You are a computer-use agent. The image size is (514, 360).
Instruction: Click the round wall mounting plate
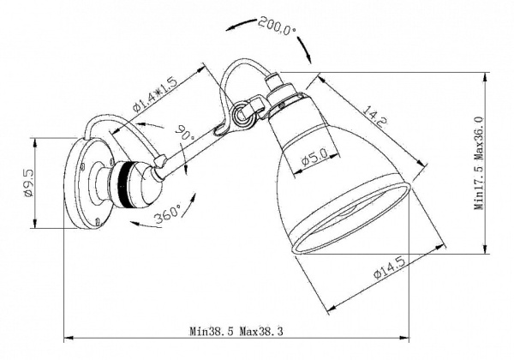click(85, 184)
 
